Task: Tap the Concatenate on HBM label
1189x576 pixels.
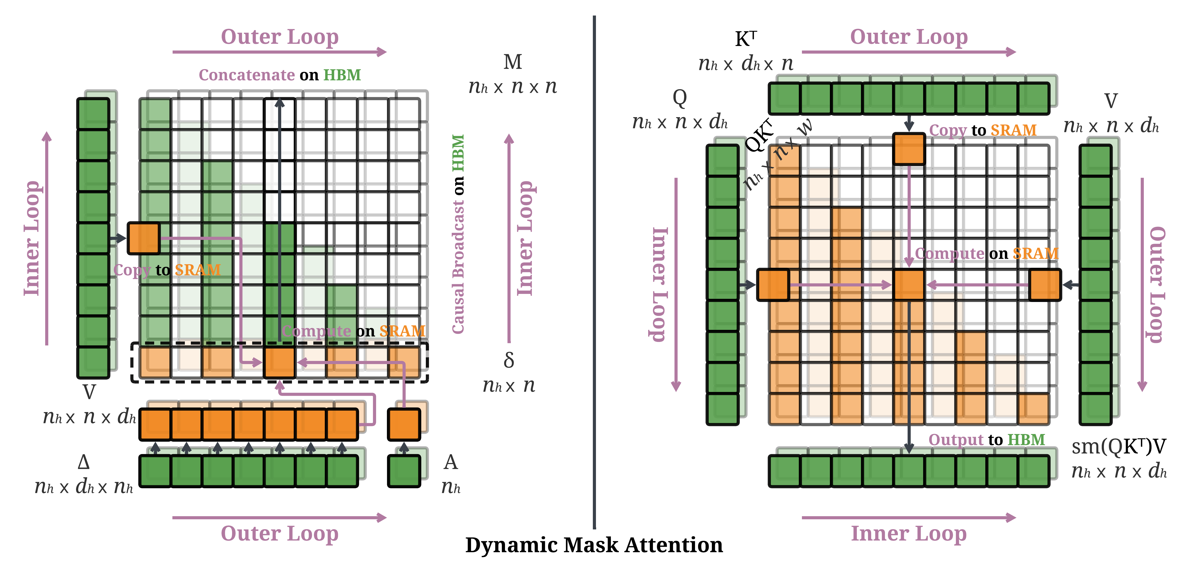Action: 280,75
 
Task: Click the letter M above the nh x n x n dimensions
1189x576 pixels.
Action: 512,62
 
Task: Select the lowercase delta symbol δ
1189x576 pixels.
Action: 509,360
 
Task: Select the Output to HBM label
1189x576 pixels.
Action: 986,439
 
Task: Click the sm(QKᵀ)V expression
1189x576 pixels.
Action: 1118,446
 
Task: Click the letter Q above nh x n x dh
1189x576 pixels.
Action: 679,97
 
